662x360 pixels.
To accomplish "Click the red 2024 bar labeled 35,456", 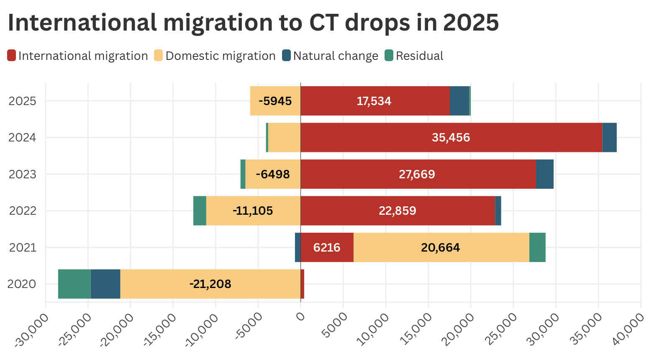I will [451, 137].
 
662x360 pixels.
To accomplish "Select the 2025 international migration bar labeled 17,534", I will [375, 101].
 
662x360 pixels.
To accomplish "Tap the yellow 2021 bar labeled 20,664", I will [441, 247].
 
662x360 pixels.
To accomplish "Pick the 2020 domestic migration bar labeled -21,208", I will [210, 284].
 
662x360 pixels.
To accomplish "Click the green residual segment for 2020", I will [74, 284].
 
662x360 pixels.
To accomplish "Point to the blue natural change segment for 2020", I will [105, 284].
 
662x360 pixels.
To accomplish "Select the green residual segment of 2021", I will [537, 247].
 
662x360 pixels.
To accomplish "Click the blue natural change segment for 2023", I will [545, 174].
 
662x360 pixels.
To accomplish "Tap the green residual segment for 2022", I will [200, 211].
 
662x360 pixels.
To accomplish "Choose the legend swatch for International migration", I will [12, 56].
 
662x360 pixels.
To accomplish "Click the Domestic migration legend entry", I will [220, 56].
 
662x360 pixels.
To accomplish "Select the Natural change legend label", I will [336, 56].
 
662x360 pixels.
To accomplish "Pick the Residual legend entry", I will [419, 56].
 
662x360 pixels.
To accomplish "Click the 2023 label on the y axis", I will [23, 174].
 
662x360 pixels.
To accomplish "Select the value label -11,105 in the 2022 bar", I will [253, 211].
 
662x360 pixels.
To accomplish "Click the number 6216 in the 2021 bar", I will [326, 247].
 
